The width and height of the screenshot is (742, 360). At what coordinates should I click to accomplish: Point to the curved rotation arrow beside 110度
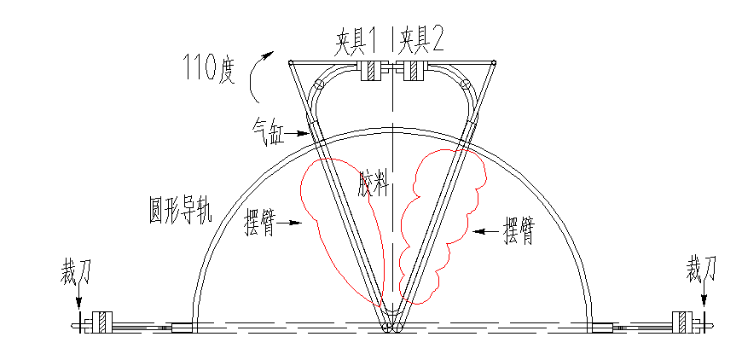pyautogui.click(x=258, y=73)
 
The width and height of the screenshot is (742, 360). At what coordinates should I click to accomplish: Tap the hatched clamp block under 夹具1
pyautogui.click(x=373, y=73)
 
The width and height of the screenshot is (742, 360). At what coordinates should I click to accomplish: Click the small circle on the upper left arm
pyautogui.click(x=319, y=85)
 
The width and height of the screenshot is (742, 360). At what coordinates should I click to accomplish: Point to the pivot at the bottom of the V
pyautogui.click(x=392, y=327)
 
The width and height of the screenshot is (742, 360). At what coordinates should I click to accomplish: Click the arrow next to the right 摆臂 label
pyautogui.click(x=486, y=230)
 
